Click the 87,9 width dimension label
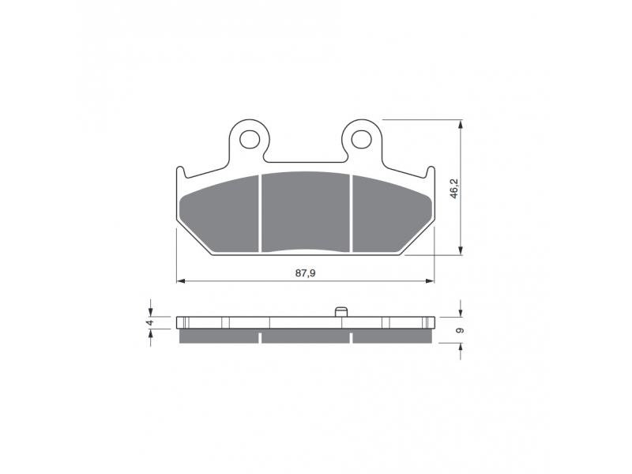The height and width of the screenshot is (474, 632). coord(306,273)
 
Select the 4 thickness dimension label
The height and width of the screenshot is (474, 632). coord(149,322)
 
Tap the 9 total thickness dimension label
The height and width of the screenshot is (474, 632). coord(461,330)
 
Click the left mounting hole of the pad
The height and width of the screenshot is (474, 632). coord(249,140)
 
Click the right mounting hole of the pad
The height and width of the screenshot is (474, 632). coord(361,140)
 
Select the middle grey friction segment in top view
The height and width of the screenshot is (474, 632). coord(306,212)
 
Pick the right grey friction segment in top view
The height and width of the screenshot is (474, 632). coord(392,213)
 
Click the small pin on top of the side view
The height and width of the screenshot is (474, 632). coord(341,312)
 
